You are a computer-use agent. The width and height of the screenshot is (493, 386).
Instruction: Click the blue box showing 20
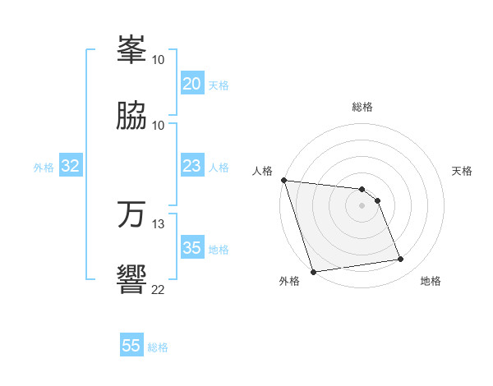pos(191,84)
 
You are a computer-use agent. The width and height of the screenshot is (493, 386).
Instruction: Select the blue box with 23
pos(191,166)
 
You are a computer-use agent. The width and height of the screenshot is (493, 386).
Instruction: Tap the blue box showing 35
pos(191,248)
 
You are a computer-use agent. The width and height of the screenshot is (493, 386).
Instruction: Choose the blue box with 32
pos(71,166)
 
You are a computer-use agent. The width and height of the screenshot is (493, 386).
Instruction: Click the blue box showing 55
pos(131,346)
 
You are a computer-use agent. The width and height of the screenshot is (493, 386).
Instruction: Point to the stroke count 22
pos(159,289)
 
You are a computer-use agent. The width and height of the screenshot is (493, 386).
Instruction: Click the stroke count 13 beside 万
pos(159,223)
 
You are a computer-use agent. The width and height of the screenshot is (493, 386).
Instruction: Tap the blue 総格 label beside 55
pos(158,347)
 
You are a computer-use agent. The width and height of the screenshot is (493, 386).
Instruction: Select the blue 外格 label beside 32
pos(44,168)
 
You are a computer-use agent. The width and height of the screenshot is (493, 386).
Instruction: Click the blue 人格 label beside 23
pos(219,168)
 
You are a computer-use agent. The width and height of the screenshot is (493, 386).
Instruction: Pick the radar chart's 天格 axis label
pos(463,171)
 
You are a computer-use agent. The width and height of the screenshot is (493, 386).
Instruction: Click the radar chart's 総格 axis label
pos(362,107)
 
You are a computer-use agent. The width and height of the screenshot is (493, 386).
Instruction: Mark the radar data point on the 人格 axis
pos(283,180)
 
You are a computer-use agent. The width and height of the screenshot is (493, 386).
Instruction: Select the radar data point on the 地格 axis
pos(401,260)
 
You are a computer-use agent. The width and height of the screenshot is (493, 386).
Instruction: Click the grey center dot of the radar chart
pos(362,205)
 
